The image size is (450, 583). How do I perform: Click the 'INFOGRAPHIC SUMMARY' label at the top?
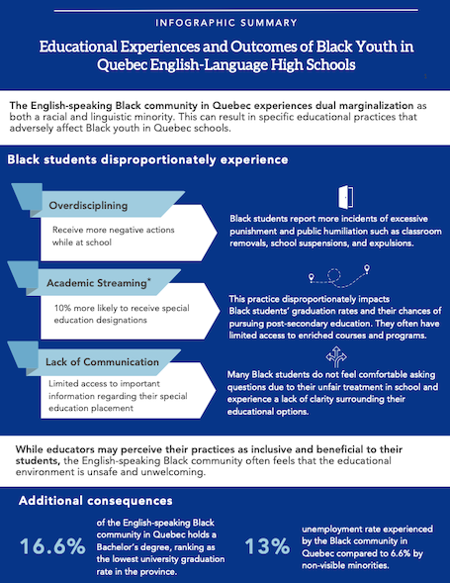(x=226, y=23)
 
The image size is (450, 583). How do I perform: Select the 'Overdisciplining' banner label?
(x=88, y=205)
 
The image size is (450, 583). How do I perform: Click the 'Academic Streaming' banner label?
(x=97, y=283)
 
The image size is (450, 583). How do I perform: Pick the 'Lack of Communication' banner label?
(x=102, y=361)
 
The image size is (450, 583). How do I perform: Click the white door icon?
(x=345, y=197)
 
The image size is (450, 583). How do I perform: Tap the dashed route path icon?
(x=339, y=276)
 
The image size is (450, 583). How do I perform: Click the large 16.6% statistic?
(x=52, y=546)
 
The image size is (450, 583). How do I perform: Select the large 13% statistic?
(x=267, y=546)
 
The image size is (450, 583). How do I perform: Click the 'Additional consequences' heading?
(x=96, y=501)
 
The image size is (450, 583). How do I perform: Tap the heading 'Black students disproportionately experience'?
(x=147, y=159)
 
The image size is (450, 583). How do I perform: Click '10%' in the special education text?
(x=62, y=308)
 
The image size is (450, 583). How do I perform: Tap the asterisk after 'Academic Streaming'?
(x=149, y=279)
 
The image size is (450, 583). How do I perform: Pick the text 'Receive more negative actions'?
(x=114, y=230)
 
